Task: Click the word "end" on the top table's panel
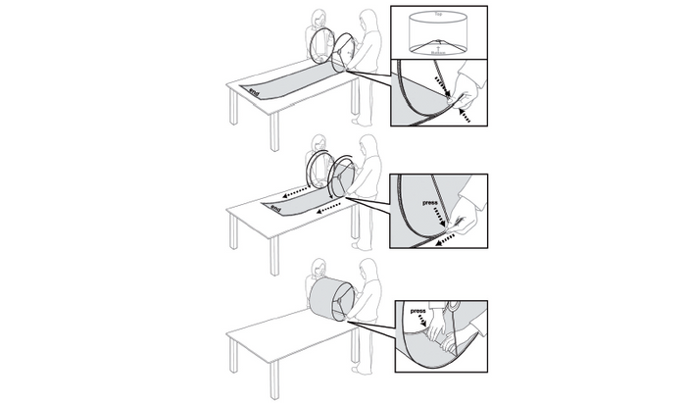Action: pos(255,93)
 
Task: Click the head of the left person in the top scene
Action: pos(318,19)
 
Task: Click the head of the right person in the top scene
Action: pos(367,20)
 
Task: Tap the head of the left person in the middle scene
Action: pos(318,143)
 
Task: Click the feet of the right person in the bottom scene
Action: pos(365,372)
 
